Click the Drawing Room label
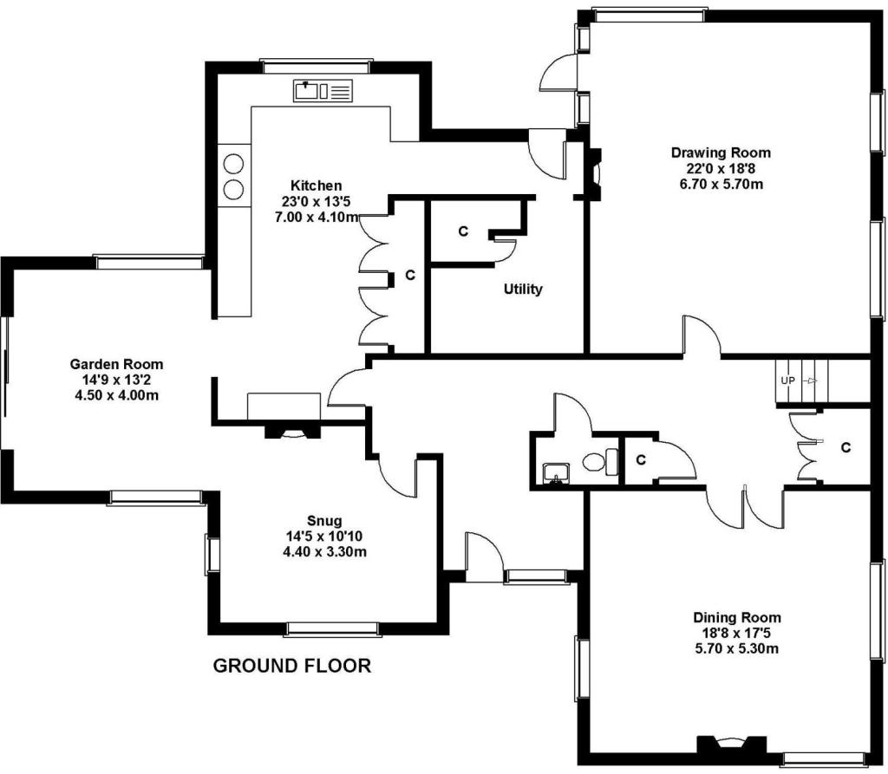[x=721, y=153]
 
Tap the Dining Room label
[x=737, y=617]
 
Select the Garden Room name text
[x=116, y=364]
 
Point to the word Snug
[x=324, y=520]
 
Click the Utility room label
[x=523, y=289]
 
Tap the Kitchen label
[x=316, y=185]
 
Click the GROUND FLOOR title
[x=292, y=666]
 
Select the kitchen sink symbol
[x=323, y=91]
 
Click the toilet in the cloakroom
[x=600, y=461]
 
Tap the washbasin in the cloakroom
[x=556, y=473]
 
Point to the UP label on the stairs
[x=787, y=380]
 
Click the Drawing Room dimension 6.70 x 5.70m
[x=721, y=184]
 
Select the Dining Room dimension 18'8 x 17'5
[x=737, y=633]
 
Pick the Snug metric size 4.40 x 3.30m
[x=324, y=551]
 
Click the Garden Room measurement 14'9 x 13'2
[x=117, y=380]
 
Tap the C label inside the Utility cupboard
[x=463, y=231]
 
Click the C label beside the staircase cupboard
[x=846, y=448]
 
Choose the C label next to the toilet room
[x=641, y=460]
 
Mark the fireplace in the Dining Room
[x=732, y=744]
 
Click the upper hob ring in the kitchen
[x=233, y=164]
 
